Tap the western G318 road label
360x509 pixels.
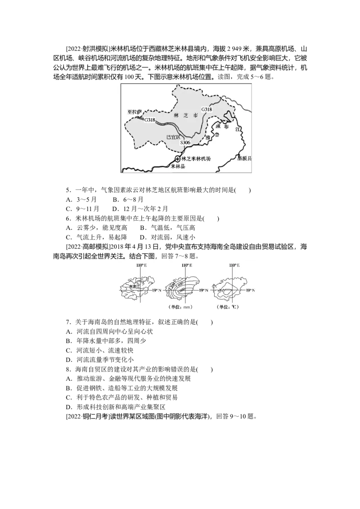pos(150,120)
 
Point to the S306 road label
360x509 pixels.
pos(185,142)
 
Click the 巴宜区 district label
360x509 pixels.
pos(173,137)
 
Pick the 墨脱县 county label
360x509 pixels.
pos(245,159)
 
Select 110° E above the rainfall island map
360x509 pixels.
pos(185,266)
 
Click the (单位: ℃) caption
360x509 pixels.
pos(228,307)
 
